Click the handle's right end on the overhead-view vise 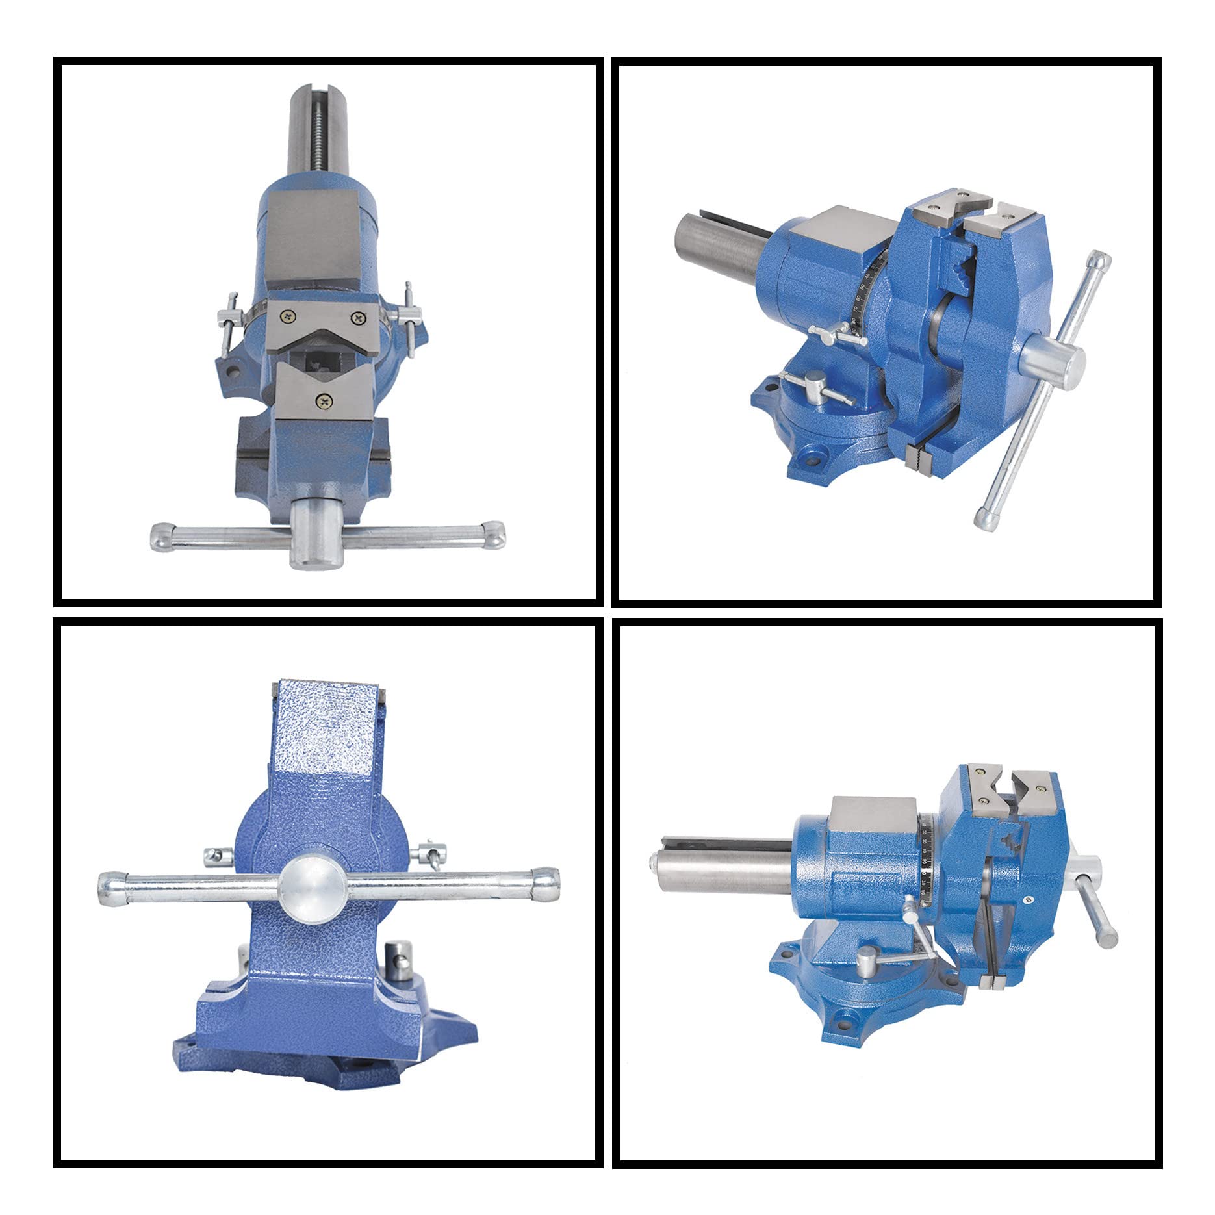coord(495,534)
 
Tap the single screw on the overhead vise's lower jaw coord(322,402)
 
